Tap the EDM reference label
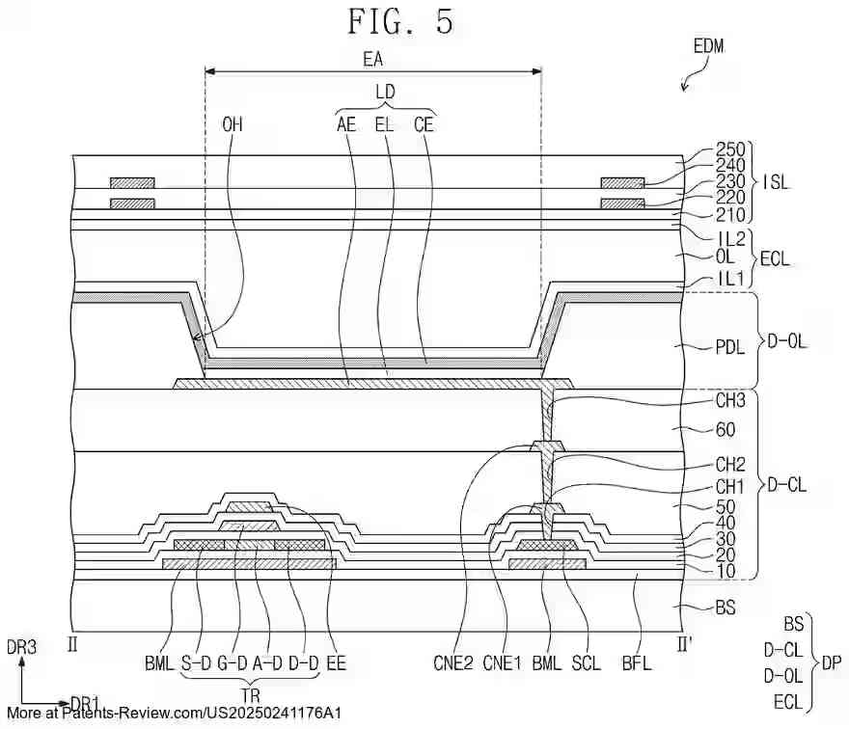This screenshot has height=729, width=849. pyautogui.click(x=708, y=45)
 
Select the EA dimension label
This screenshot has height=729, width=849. pyautogui.click(x=373, y=59)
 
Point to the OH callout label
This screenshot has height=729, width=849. pyautogui.click(x=233, y=124)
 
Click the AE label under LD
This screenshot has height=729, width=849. pyautogui.click(x=346, y=124)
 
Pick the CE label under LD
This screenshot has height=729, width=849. pyautogui.click(x=424, y=124)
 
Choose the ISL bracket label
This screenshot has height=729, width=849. pyautogui.click(x=775, y=180)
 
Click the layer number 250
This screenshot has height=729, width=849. pyautogui.click(x=730, y=150)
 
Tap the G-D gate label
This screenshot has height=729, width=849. pyautogui.click(x=232, y=662)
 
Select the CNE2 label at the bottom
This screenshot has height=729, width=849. pyautogui.click(x=453, y=662)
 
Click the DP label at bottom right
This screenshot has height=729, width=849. pyautogui.click(x=832, y=664)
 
